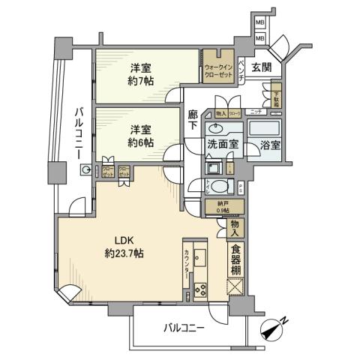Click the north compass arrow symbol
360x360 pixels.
pyautogui.click(x=274, y=327)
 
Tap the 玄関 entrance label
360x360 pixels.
pyautogui.click(x=261, y=68)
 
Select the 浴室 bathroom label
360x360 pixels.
pyautogui.click(x=268, y=142)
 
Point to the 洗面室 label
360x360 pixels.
pyautogui.click(x=223, y=142)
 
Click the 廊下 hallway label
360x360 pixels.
pyautogui.click(x=193, y=123)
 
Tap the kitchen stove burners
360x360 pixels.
pyautogui.click(x=200, y=289)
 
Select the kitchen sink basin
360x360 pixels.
pyautogui.click(x=200, y=259)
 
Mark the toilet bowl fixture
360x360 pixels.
pyautogui.click(x=218, y=187)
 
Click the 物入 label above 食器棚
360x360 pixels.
pyautogui.click(x=235, y=225)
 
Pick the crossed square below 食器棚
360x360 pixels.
pyautogui.click(x=235, y=288)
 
